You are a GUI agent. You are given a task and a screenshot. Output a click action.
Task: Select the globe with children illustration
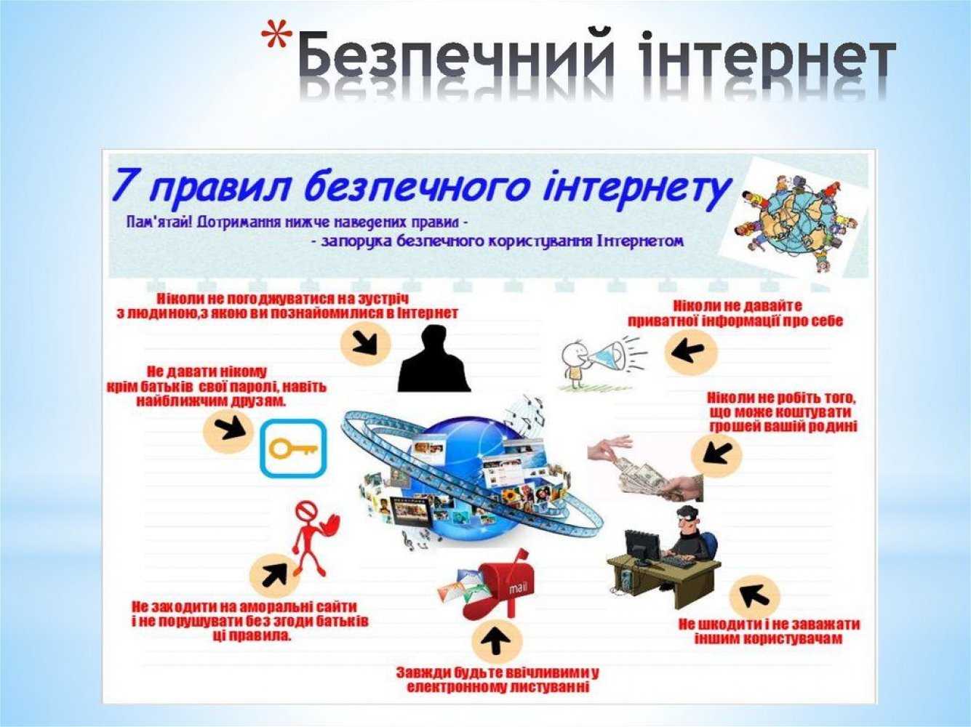(796, 221)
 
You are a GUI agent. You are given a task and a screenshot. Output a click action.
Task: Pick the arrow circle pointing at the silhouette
(365, 344)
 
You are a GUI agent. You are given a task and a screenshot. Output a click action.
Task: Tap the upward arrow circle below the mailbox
(497, 643)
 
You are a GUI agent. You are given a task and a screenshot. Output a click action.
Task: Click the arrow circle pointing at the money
(716, 451)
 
